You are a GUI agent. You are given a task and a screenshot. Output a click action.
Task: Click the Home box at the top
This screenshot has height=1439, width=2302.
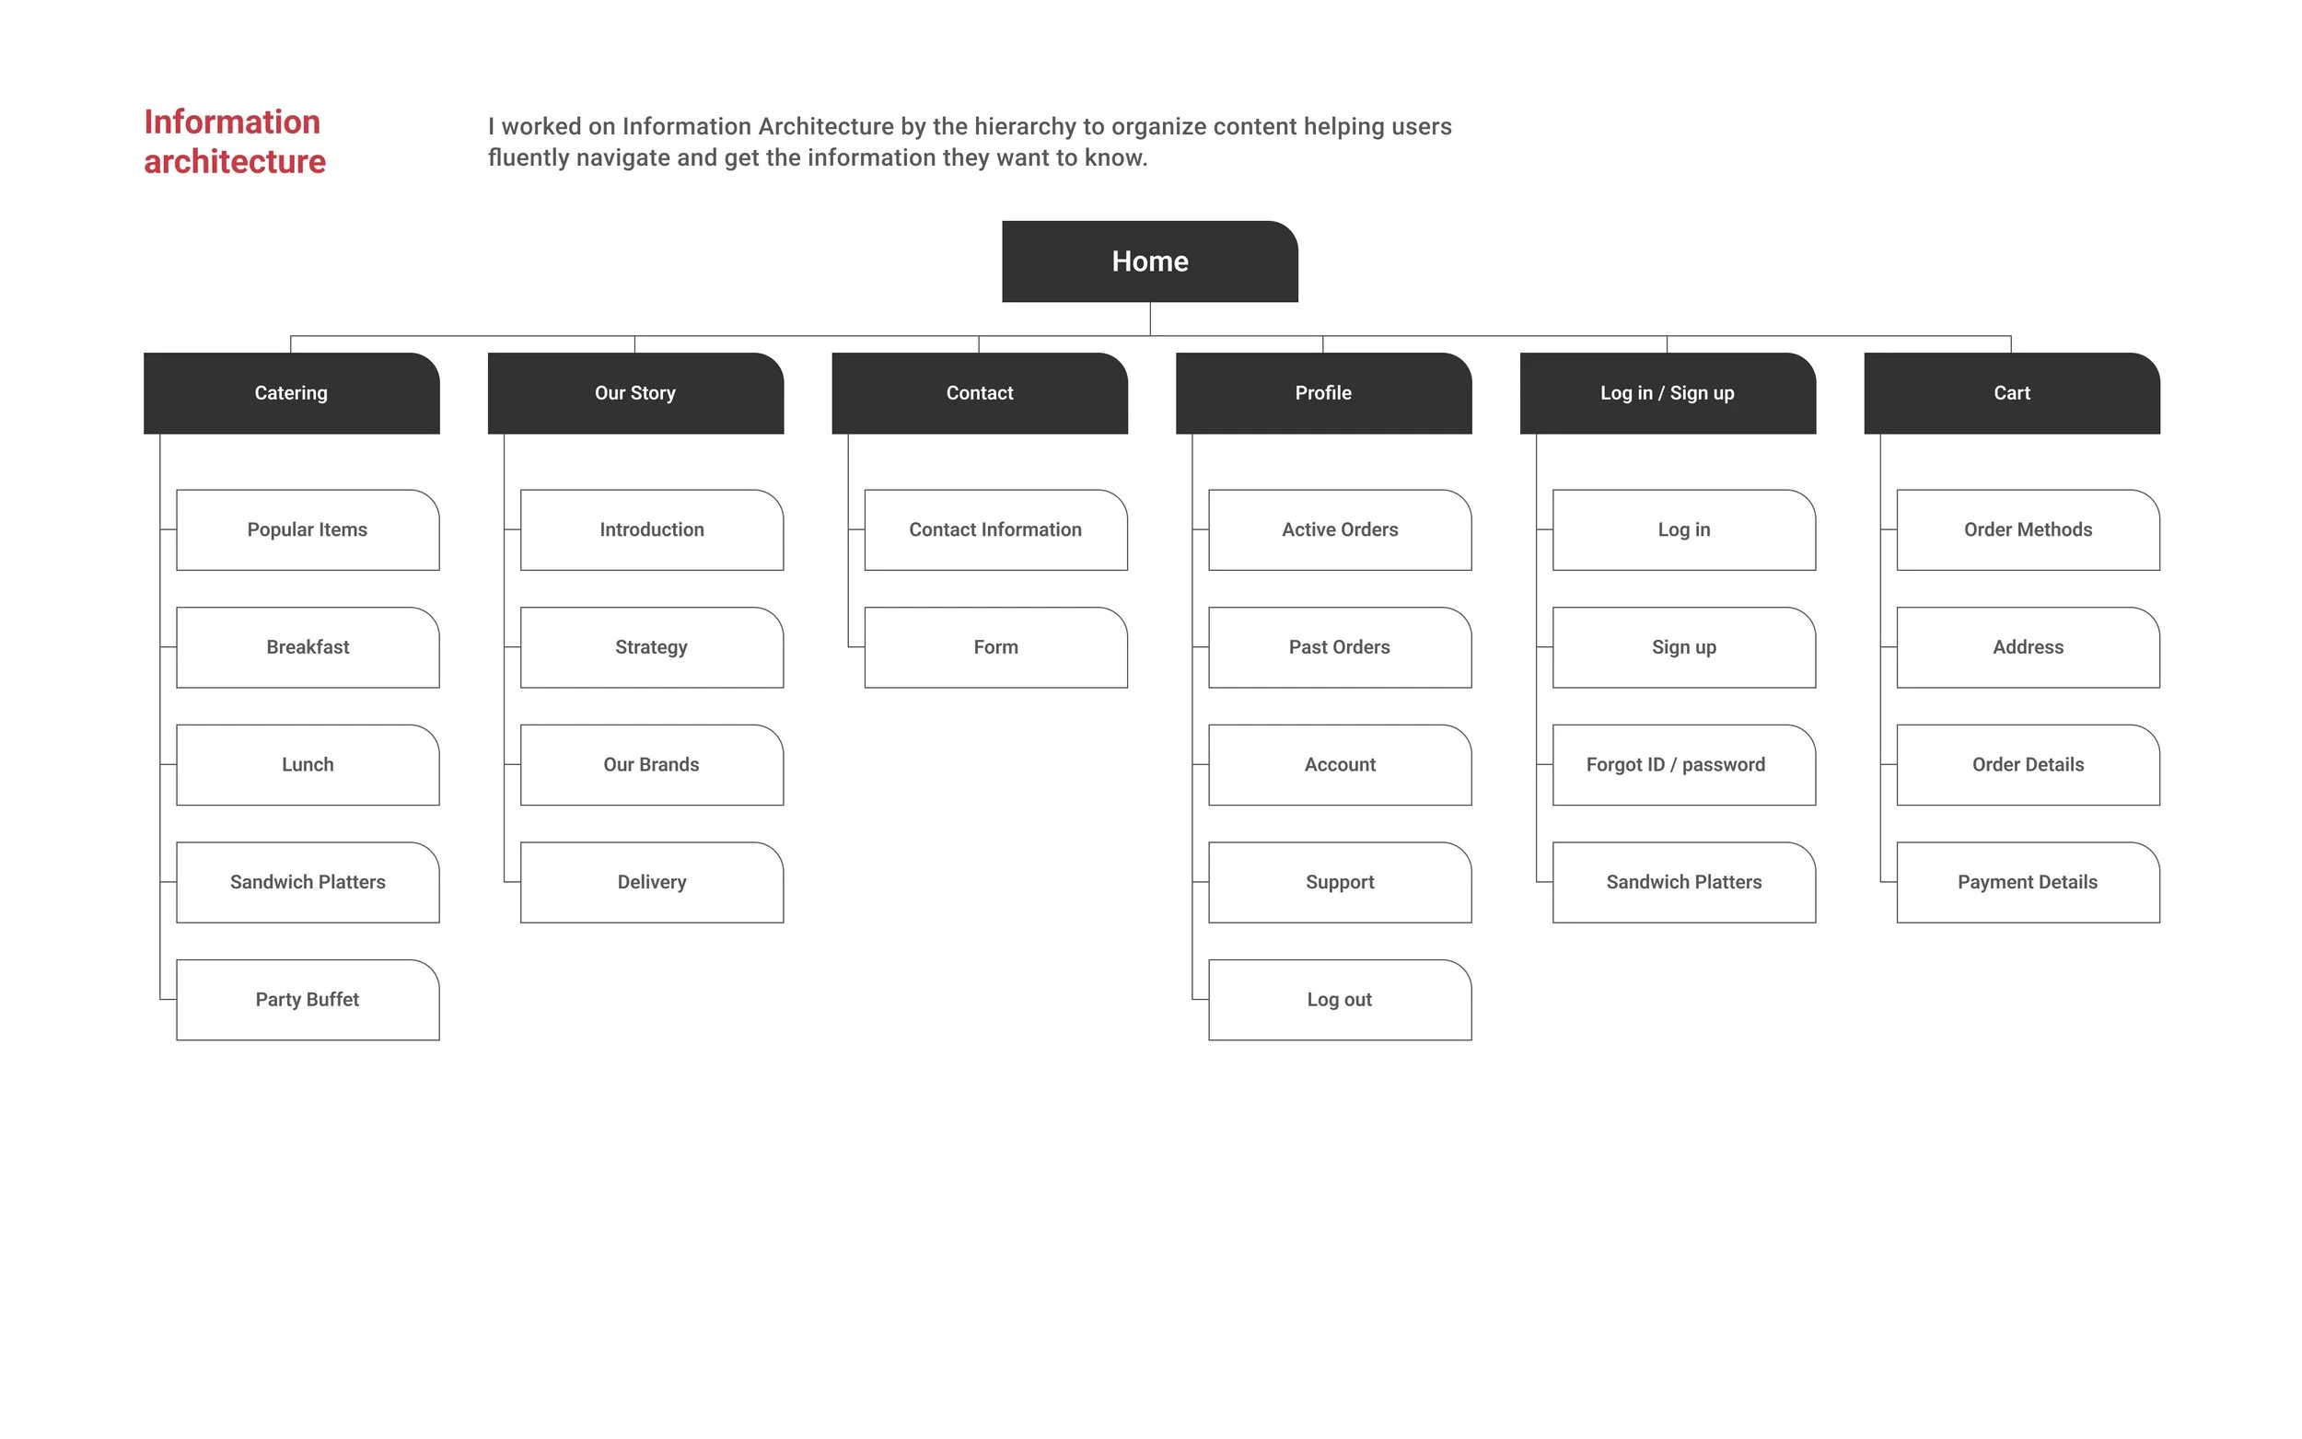1149,261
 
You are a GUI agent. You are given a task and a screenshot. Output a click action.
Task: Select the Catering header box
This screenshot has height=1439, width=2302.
291,393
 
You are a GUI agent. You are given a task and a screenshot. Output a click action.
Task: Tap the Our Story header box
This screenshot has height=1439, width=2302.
634,393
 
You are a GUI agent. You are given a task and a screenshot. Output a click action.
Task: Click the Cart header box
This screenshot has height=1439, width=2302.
2011,393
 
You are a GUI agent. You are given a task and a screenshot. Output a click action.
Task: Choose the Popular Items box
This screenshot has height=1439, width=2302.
308,530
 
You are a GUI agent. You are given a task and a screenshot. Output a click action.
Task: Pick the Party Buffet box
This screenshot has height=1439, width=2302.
308,999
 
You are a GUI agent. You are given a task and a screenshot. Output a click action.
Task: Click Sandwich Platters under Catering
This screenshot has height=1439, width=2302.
308,882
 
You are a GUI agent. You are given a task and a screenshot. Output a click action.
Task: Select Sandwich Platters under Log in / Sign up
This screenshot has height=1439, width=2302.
1683,882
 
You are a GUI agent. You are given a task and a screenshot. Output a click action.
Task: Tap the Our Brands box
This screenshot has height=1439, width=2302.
651,765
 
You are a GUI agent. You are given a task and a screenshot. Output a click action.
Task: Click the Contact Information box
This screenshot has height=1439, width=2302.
995,530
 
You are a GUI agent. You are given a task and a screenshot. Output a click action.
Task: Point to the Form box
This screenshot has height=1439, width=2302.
995,647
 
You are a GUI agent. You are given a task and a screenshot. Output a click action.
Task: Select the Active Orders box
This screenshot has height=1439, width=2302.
1339,530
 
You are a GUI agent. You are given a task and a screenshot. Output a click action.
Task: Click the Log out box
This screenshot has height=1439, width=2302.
1339,999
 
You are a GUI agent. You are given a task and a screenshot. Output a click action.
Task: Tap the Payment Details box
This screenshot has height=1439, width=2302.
2027,882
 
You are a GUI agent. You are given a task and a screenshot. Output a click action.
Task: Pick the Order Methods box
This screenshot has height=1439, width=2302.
2027,530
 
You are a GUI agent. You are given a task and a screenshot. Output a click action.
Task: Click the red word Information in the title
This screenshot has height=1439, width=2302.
232,122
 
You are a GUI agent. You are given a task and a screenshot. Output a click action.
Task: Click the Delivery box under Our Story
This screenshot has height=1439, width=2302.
651,882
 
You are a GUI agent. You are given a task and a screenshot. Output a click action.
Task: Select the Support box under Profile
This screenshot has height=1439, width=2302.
1339,882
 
